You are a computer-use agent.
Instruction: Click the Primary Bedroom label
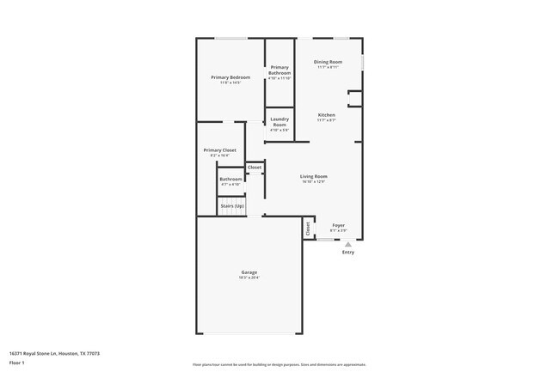230,77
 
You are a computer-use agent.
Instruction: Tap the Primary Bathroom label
279,70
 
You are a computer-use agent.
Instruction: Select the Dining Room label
328,62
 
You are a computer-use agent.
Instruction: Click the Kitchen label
326,115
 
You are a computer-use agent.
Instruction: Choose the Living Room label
314,176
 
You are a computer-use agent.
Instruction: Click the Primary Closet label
219,150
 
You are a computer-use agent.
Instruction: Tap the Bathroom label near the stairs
230,179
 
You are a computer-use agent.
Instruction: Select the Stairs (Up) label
232,206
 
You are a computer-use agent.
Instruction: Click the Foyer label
338,225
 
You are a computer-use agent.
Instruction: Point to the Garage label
249,272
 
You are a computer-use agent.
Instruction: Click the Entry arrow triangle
348,244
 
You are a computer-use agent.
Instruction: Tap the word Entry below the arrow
348,253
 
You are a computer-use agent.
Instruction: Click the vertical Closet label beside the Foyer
308,229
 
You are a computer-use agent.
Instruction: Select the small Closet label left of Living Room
255,167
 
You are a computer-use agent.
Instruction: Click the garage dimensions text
249,277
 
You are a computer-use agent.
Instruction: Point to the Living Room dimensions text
314,181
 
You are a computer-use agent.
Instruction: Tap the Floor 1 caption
16,363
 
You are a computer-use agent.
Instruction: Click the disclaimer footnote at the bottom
279,364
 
